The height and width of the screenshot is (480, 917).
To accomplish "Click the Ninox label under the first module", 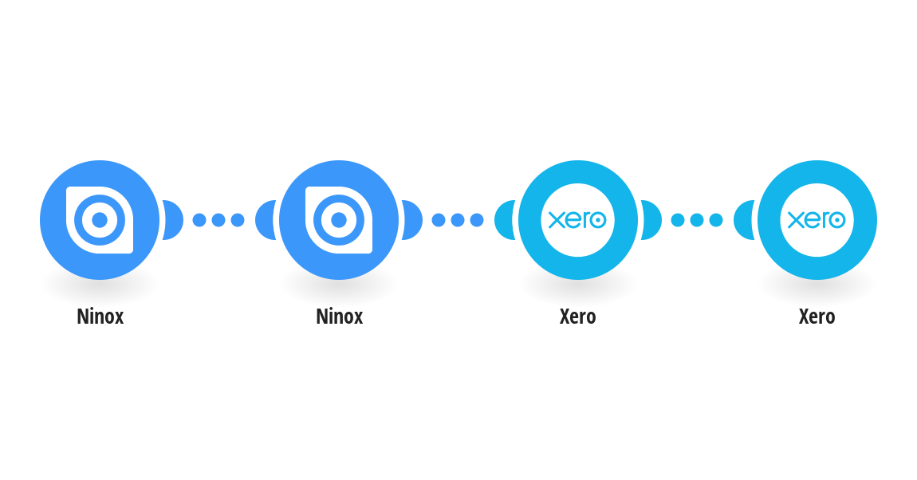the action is coord(100,317).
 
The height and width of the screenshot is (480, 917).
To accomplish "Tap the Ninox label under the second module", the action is coord(339,317).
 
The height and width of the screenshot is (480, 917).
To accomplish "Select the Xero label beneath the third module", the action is coord(578,317).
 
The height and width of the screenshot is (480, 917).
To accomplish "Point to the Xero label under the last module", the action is coord(817,317).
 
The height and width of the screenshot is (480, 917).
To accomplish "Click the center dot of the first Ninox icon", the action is coord(100,220).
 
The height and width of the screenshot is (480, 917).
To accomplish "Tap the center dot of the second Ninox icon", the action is coord(339,220).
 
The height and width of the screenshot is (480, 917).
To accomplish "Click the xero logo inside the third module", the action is coord(578,220).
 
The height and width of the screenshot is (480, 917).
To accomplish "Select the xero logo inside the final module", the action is coord(817,220).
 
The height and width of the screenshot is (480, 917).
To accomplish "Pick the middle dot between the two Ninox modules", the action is coord(218,220).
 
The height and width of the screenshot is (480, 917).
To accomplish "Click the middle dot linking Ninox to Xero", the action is coord(458,220).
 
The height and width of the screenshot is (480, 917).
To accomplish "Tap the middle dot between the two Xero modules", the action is coord(697,220).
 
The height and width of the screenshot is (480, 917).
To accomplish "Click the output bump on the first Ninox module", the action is coord(174,220).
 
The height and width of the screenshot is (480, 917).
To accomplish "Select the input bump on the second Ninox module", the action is coord(265,220).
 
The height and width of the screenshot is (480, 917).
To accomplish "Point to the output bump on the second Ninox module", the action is coord(413,220).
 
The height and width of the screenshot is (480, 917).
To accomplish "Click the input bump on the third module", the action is coord(504,220).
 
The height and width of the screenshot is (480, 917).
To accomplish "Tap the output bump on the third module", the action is coord(652,220).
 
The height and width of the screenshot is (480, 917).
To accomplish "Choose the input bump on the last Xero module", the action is coord(743,220).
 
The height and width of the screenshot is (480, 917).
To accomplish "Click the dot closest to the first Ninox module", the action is coord(199,220).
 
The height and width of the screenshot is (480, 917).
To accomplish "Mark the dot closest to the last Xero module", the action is coord(716,220).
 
